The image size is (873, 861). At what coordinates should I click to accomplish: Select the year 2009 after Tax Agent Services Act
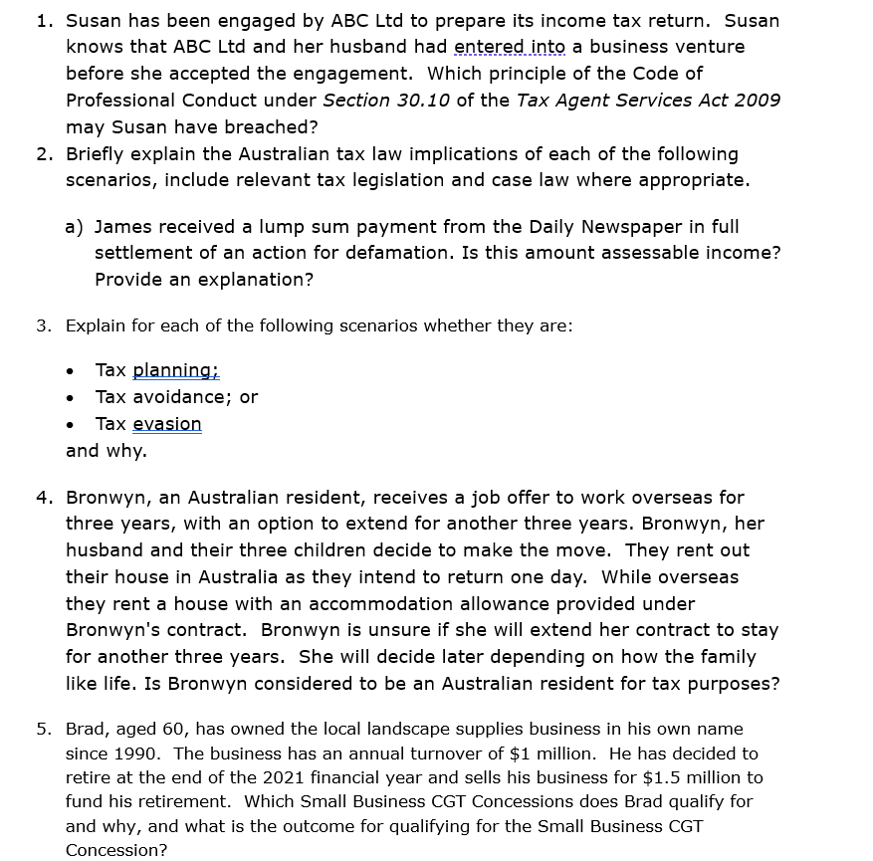click(x=759, y=101)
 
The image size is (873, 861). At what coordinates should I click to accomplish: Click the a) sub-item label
click(x=74, y=227)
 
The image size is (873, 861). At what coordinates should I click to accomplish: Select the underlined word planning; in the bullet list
click(x=175, y=370)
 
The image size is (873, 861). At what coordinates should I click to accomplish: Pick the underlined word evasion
click(x=167, y=424)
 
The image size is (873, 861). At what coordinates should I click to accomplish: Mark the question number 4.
click(x=43, y=497)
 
